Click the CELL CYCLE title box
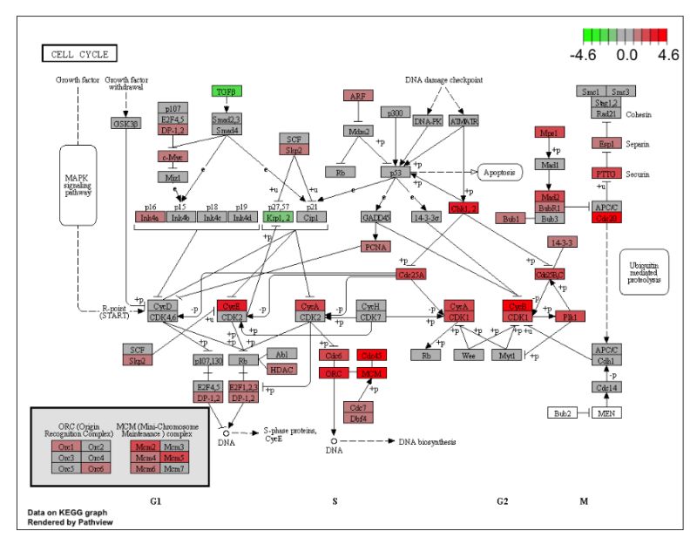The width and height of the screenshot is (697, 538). tap(79, 54)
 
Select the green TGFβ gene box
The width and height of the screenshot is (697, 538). tap(226, 92)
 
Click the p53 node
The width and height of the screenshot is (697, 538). tap(395, 172)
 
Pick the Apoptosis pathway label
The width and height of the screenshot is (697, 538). tap(498, 171)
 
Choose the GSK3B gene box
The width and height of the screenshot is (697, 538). tap(126, 123)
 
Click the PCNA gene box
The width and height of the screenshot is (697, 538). tap(376, 247)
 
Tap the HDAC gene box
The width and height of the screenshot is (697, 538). tap(281, 370)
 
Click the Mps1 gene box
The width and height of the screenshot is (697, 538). tap(548, 133)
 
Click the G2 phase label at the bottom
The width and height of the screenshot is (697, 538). tap(503, 501)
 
